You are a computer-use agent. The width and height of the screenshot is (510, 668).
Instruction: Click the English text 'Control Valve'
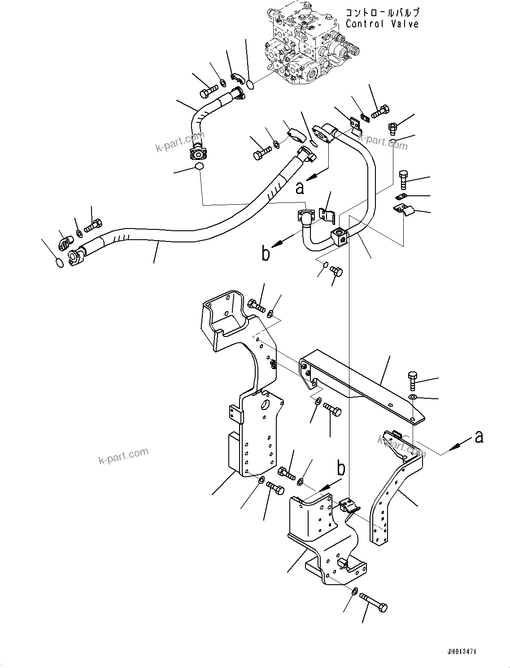382,24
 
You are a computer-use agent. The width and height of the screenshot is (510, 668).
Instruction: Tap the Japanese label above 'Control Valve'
382,13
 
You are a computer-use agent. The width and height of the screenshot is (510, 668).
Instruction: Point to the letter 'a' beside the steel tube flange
300,187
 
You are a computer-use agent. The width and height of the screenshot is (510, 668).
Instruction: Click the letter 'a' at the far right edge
479,436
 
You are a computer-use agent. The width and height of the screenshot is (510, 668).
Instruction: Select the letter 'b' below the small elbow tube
266,254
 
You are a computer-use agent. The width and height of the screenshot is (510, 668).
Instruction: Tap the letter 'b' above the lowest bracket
341,469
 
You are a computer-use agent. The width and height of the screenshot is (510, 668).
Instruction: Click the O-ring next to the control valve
251,83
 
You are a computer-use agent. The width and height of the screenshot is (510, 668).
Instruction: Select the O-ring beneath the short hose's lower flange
198,167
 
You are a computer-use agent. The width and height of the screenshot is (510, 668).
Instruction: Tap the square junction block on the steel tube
340,236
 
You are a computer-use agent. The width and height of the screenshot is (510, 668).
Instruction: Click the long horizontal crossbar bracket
359,385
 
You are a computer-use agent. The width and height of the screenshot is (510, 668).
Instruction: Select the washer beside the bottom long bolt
354,592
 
